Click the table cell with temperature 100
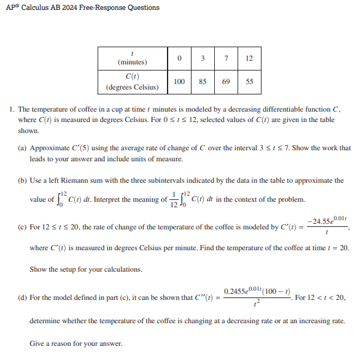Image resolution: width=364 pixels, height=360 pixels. pyautogui.click(x=179, y=82)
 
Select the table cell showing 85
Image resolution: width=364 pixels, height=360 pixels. pyautogui.click(x=203, y=82)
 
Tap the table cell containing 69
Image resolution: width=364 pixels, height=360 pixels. pyautogui.click(x=226, y=82)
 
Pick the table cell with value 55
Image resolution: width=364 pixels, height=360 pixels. pyautogui.click(x=249, y=82)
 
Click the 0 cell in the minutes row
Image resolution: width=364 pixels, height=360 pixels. pyautogui.click(x=179, y=58)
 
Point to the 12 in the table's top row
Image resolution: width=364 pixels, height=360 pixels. pyautogui.click(x=249, y=58)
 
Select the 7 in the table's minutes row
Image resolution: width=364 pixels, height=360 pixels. pyautogui.click(x=226, y=58)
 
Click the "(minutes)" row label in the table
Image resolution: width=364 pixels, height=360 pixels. pyautogui.click(x=132, y=63)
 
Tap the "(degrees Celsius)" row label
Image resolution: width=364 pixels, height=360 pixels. pyautogui.click(x=132, y=87)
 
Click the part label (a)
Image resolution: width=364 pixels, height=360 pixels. pyautogui.click(x=23, y=148)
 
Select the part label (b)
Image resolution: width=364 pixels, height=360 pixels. pyautogui.click(x=23, y=181)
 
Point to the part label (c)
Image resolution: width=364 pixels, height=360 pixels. pyautogui.click(x=23, y=227)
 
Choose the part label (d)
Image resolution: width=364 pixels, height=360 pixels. pyautogui.click(x=23, y=298)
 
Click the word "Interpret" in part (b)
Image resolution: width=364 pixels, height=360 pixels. pyautogui.click(x=131, y=199)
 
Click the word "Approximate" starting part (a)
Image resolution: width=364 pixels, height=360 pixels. pyautogui.click(x=50, y=148)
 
